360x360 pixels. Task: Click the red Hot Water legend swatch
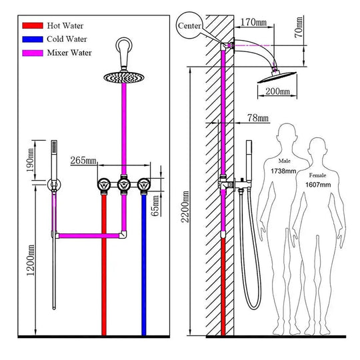pyautogui.click(x=33, y=25)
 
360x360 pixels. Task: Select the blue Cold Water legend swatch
pyautogui.click(x=33, y=39)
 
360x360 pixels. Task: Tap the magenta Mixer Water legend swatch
pyautogui.click(x=33, y=52)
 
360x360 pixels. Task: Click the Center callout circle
pyautogui.click(x=189, y=26)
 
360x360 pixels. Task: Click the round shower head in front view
pyautogui.click(x=123, y=78)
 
